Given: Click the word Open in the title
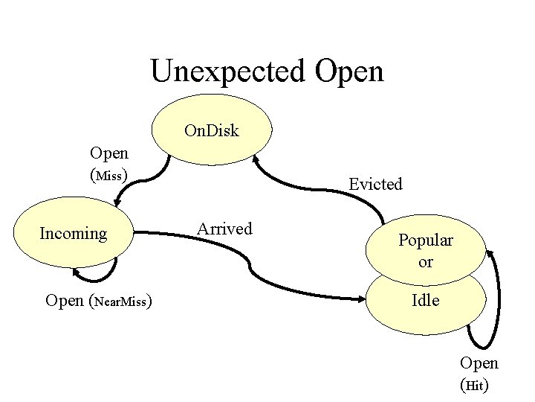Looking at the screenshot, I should point(349,71).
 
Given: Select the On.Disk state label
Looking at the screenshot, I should point(212,131).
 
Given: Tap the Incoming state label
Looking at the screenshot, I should point(73,234).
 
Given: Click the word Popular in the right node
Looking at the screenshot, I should point(425,240).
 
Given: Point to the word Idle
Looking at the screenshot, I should point(426,301).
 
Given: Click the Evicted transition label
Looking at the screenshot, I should point(375,184).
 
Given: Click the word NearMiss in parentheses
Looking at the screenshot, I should point(121,302).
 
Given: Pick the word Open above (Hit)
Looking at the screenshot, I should point(479,363).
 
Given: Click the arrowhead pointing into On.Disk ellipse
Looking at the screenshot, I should point(256,159).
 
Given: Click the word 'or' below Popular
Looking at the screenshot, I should point(425,262).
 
